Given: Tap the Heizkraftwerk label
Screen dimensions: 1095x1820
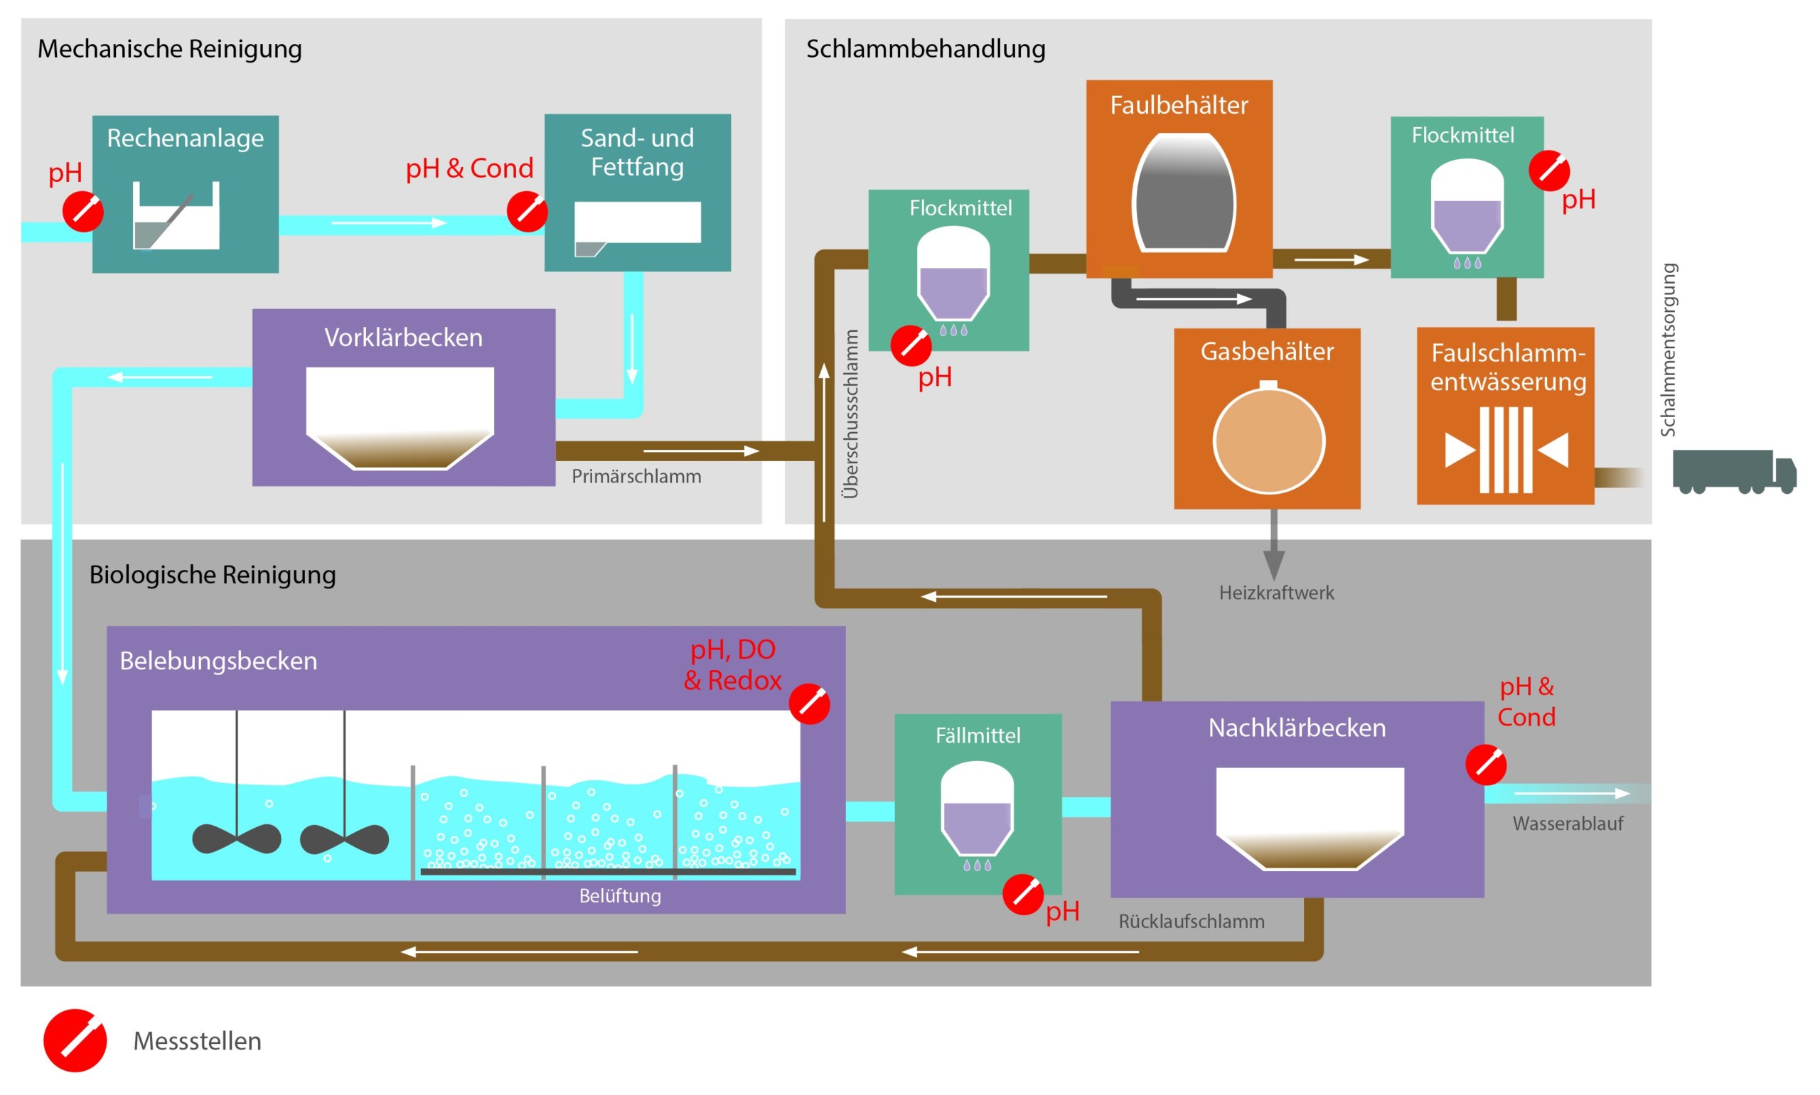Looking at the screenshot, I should (1276, 593).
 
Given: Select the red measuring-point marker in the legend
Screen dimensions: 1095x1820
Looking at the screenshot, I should (75, 1040).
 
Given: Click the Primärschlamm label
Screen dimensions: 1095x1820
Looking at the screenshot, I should (636, 477).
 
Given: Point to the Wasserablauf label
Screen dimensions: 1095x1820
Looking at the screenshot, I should (1567, 824).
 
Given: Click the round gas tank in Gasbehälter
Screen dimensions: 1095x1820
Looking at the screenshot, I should (1268, 441).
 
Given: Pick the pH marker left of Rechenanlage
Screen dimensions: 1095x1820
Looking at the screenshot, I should (82, 212).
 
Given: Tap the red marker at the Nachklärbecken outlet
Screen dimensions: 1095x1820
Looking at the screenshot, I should (1485, 765).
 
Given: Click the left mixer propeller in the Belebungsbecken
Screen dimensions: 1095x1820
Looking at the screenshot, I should (236, 839).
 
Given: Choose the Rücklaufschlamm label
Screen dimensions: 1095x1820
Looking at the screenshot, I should (1190, 922).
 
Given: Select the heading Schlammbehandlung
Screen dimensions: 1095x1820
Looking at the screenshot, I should (925, 49).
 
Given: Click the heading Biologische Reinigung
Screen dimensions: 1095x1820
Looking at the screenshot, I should (213, 575).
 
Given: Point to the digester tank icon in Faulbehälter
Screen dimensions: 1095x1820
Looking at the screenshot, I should (1183, 193).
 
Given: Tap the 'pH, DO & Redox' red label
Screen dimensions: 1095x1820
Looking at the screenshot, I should (732, 665).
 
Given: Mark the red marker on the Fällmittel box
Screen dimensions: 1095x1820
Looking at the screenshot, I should (1022, 895).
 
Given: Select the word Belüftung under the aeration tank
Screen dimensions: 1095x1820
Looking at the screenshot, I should (620, 896).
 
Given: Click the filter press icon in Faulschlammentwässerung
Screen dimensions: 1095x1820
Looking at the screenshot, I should (1506, 450).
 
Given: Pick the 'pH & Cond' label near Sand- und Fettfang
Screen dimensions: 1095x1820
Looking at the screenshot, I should (469, 168).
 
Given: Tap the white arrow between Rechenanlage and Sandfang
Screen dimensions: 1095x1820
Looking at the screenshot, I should (388, 223).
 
